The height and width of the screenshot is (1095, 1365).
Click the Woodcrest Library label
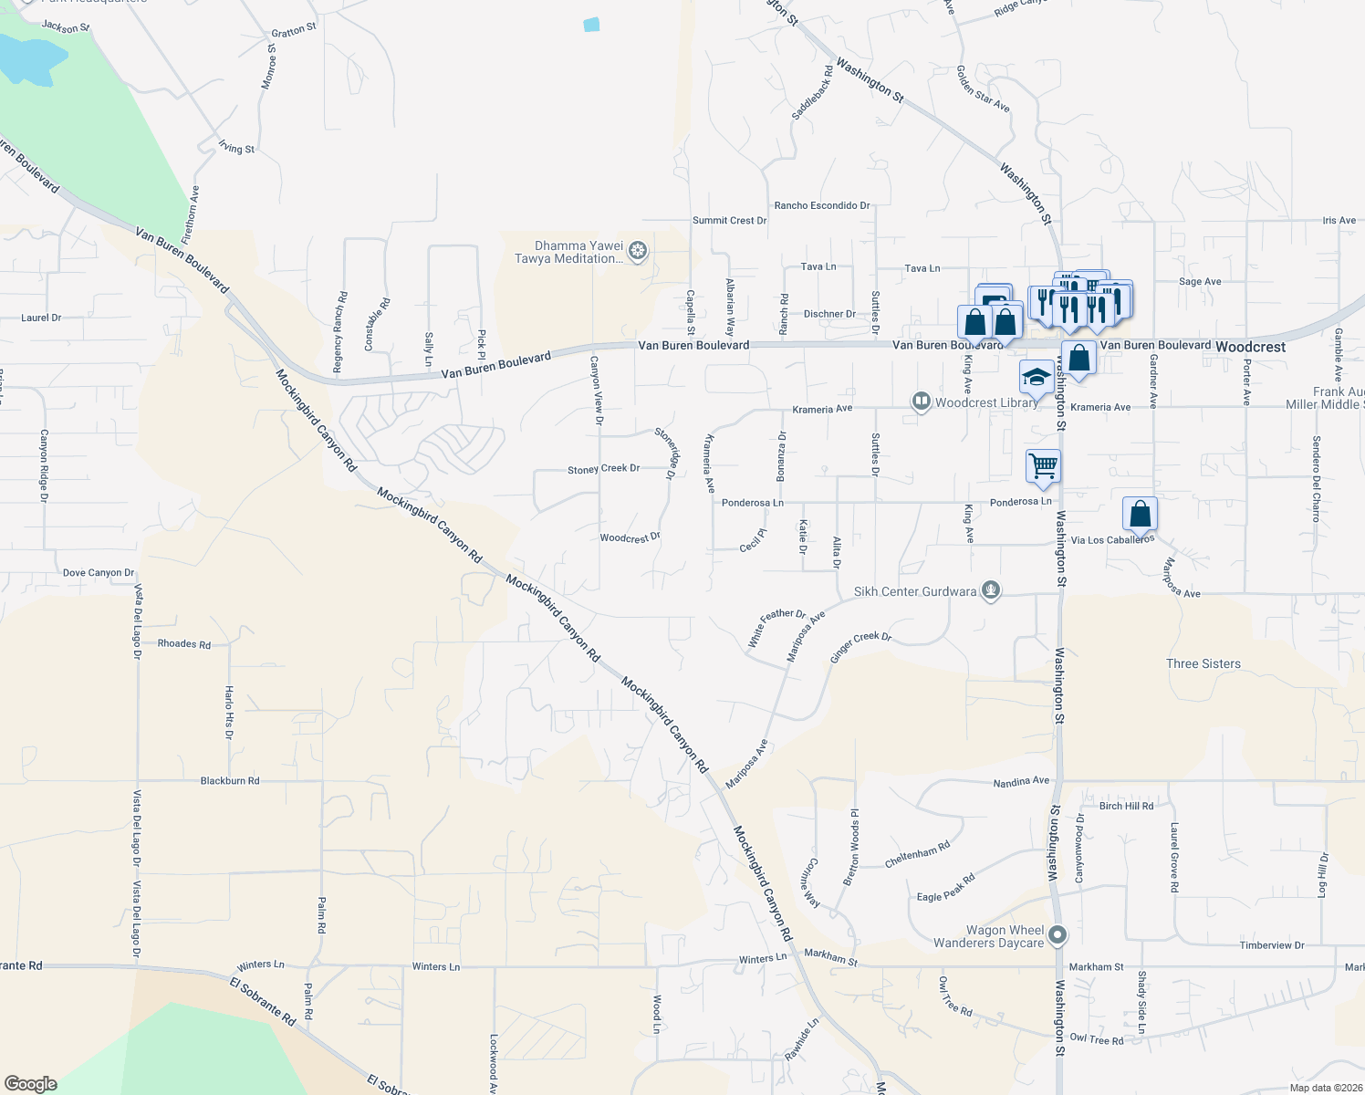pyautogui.click(x=985, y=402)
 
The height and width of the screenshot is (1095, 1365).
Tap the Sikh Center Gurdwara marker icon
pyautogui.click(x=991, y=591)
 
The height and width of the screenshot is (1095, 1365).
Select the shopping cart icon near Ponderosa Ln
pyautogui.click(x=1043, y=466)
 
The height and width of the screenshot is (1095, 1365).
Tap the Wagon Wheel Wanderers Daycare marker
pyautogui.click(x=1058, y=935)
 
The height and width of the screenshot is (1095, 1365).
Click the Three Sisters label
pyautogui.click(x=1203, y=663)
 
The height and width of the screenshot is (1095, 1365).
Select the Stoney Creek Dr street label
pyautogui.click(x=603, y=469)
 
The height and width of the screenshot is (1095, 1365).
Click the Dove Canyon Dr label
pyautogui.click(x=99, y=573)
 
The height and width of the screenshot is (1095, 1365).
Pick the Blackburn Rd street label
pyautogui.click(x=230, y=781)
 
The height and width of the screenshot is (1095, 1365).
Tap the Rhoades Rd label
pyautogui.click(x=184, y=644)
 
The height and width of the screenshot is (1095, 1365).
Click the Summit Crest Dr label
pyautogui.click(x=729, y=221)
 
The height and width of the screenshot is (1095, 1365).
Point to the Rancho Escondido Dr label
pyautogui.click(x=821, y=205)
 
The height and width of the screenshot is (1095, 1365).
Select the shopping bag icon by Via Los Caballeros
pyautogui.click(x=1140, y=514)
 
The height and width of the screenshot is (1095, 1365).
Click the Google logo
pyautogui.click(x=30, y=1084)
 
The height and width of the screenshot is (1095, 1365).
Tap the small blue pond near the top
pyautogui.click(x=591, y=25)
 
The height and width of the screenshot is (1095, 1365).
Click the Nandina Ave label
pyautogui.click(x=1021, y=781)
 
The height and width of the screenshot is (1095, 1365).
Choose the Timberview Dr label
pyautogui.click(x=1271, y=945)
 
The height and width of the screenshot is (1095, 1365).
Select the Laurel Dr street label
pyautogui.click(x=41, y=318)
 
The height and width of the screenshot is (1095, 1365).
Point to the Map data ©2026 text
pyautogui.click(x=1323, y=1088)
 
